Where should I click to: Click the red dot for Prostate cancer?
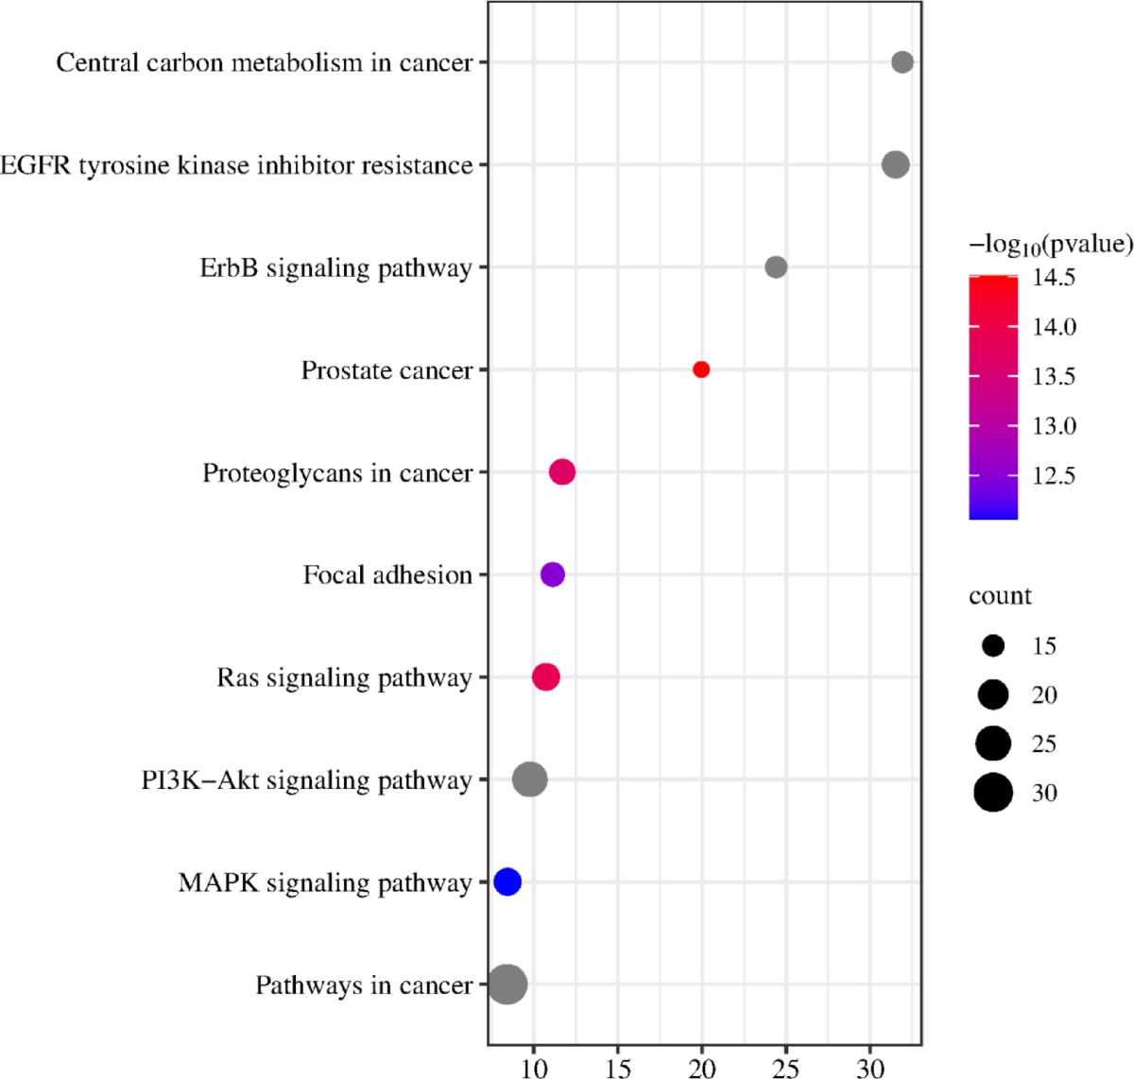point(701,369)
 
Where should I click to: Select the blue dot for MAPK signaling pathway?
point(507,882)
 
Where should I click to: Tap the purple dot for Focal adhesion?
point(553,574)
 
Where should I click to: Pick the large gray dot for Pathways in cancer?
point(507,985)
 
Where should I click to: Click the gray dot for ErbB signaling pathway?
point(776,267)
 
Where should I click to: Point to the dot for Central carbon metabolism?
point(902,62)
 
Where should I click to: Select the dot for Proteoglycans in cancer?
point(562,471)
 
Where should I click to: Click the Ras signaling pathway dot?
point(546,677)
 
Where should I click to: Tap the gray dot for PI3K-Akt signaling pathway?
point(530,779)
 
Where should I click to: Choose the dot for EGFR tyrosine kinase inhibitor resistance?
point(896,164)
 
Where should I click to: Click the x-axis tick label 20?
point(701,1068)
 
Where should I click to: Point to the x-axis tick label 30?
point(869,1068)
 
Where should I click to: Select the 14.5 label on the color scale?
point(1054,278)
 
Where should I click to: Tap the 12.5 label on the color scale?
point(1054,475)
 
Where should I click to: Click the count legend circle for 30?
point(993,792)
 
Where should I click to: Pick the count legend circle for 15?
point(993,646)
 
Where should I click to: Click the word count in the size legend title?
point(1000,596)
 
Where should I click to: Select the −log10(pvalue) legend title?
point(1050,245)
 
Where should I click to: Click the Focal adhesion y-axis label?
point(387,574)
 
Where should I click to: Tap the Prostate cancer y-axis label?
point(387,370)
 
